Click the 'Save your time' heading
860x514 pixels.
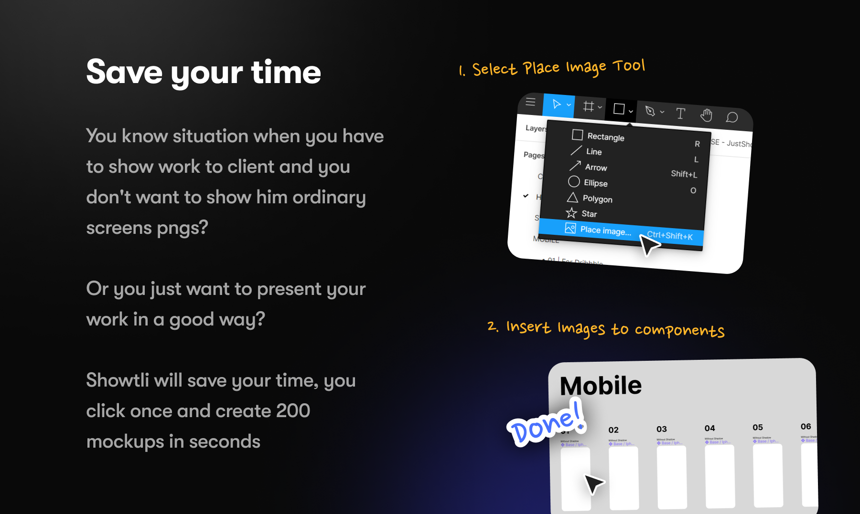204,73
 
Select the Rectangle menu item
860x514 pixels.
605,137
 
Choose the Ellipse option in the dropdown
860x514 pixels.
595,183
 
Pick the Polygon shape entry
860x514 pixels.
597,199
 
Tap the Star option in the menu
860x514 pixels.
589,214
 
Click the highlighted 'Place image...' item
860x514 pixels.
605,231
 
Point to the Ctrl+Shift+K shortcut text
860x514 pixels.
669,236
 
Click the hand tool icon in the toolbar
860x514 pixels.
706,115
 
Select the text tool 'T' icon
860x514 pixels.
680,113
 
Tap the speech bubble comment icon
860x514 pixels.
731,117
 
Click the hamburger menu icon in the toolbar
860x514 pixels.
530,102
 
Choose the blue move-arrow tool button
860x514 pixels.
558,105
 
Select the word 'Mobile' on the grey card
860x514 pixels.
601,386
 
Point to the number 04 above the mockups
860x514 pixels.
709,428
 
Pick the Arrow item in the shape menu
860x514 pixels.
596,168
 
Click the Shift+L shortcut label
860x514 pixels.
684,174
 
